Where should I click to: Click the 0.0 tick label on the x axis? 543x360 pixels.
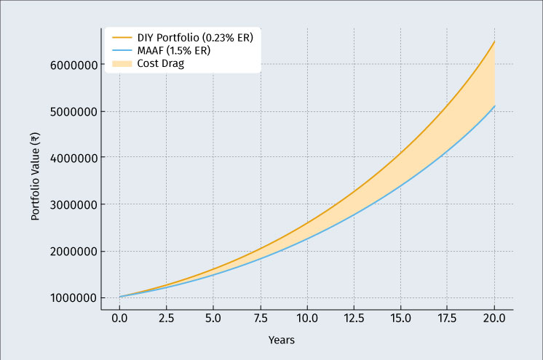click(119, 319)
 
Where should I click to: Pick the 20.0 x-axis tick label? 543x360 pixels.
click(495, 319)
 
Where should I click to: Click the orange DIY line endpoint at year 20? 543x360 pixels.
click(495, 41)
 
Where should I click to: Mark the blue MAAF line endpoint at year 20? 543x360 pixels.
click(495, 105)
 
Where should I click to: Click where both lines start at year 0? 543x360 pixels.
click(119, 297)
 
